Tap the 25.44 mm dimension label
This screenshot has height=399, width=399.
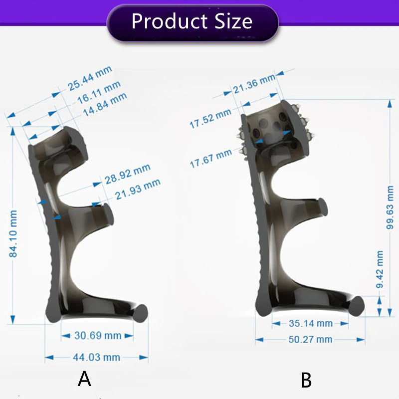(90, 78)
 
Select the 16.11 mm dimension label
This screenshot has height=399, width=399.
(99, 92)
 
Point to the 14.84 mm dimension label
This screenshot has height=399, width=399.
(105, 104)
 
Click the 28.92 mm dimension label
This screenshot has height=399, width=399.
(128, 174)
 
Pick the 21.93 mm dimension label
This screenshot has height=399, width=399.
(138, 189)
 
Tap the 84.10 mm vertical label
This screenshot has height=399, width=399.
(13, 233)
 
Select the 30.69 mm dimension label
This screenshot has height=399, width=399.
(98, 336)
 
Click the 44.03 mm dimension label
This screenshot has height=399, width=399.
(96, 357)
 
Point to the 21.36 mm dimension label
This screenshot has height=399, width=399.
(254, 84)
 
